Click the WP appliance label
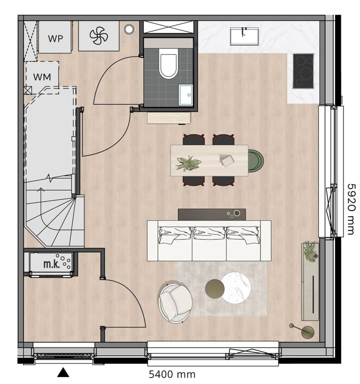click(x=55, y=38)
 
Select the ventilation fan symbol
click(x=98, y=36)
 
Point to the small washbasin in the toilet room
click(x=186, y=94)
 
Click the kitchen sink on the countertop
click(x=244, y=37)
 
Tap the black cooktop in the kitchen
click(x=303, y=71)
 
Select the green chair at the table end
click(x=255, y=160)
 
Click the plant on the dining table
click(x=188, y=163)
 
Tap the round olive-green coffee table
click(x=215, y=288)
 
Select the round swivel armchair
click(x=175, y=302)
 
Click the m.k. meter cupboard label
click(x=51, y=263)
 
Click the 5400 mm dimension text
click(x=172, y=374)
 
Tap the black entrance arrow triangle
click(x=63, y=372)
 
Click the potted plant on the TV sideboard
click(x=310, y=250)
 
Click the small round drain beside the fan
click(x=129, y=29)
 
